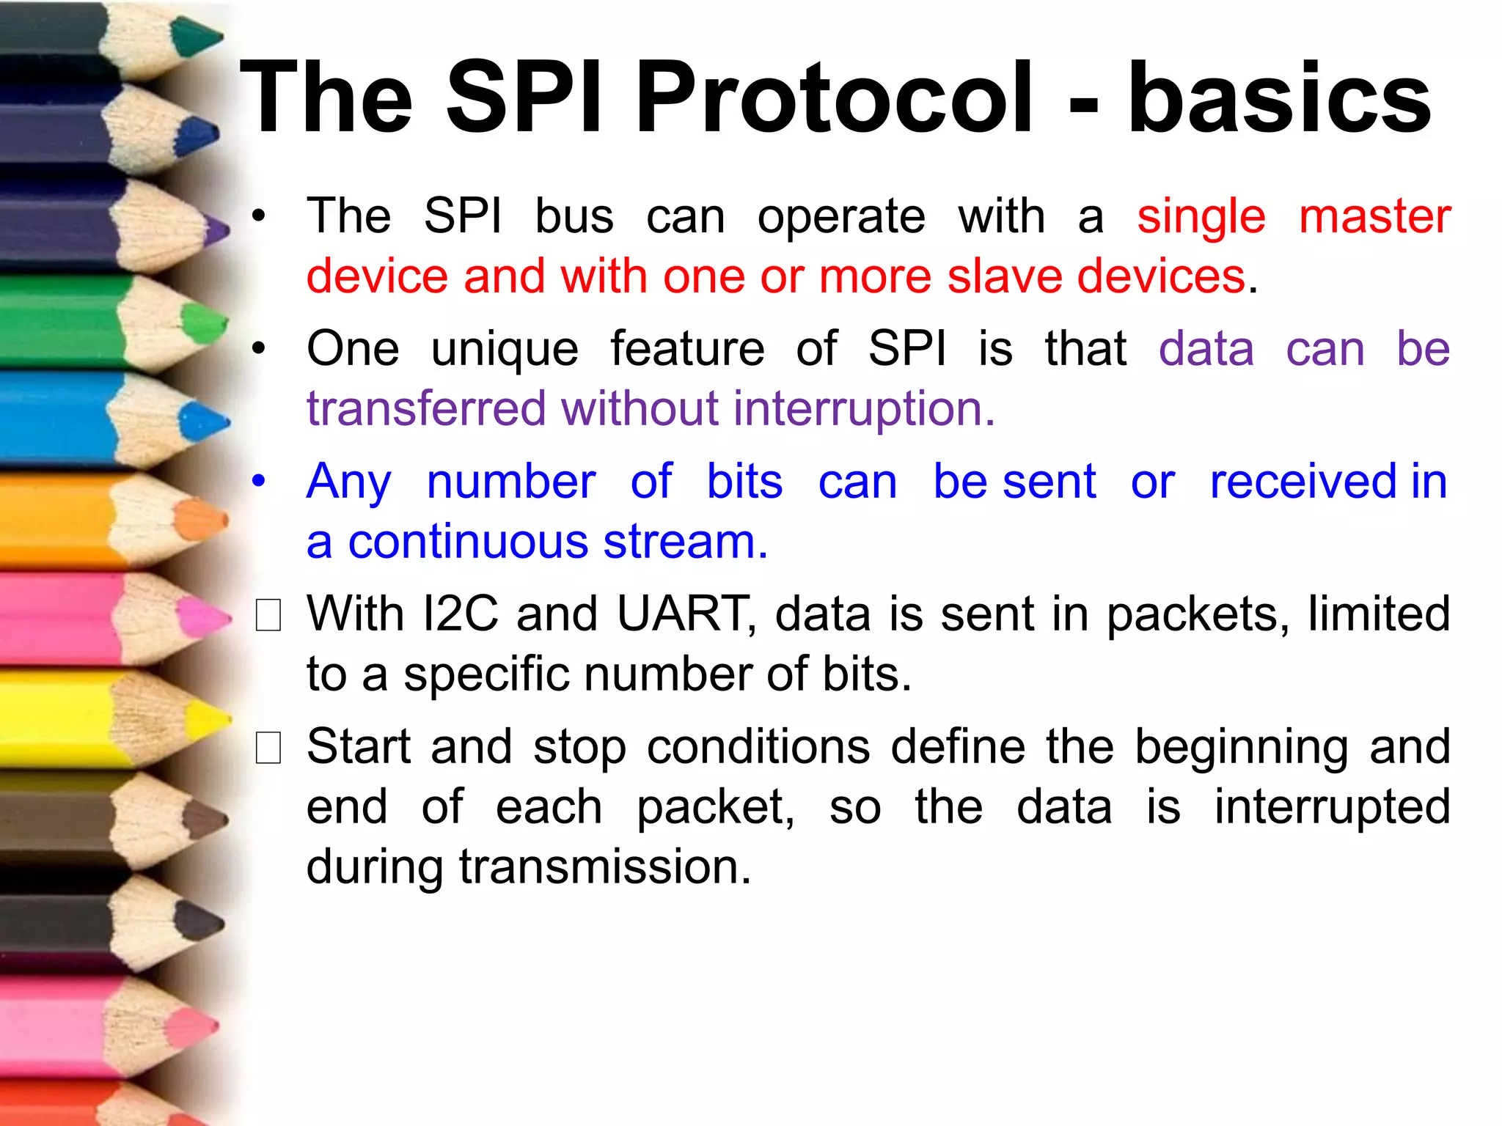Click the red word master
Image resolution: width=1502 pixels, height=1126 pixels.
1374,216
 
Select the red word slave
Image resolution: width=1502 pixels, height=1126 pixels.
1005,276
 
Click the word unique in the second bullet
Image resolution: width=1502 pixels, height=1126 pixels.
505,350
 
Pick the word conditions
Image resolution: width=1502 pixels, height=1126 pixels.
759,747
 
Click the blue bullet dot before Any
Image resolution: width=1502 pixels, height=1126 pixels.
258,482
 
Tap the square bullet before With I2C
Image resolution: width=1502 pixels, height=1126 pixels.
268,615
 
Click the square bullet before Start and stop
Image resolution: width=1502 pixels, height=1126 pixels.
268,748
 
